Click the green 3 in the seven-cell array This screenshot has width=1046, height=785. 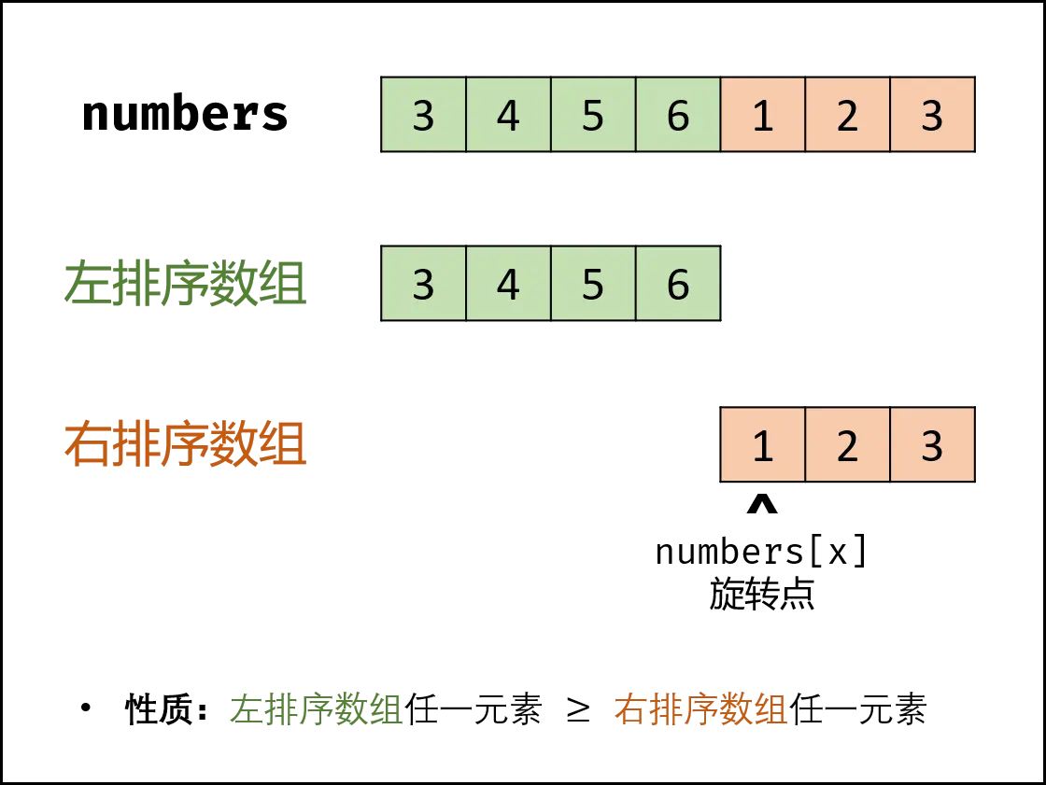point(424,116)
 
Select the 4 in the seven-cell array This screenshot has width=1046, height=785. point(508,116)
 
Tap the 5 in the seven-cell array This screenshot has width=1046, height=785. point(593,116)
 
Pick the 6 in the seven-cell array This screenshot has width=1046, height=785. point(678,116)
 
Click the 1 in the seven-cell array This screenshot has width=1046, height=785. point(763,116)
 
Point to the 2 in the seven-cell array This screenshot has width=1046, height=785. point(847,116)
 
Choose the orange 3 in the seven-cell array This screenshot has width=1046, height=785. point(932,116)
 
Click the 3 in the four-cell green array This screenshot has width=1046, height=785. point(424,284)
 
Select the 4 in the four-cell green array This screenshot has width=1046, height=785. point(508,284)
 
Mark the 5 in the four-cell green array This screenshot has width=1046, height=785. point(593,284)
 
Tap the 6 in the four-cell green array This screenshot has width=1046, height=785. point(678,284)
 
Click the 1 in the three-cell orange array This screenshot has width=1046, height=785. point(763,446)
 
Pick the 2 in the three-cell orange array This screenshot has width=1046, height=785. point(847,446)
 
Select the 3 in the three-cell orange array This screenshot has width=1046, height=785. point(932,446)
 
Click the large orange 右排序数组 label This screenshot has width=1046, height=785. point(183,446)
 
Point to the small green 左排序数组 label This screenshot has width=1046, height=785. point(316,710)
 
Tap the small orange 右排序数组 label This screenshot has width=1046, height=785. point(701,710)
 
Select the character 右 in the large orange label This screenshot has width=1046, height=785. point(85,446)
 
